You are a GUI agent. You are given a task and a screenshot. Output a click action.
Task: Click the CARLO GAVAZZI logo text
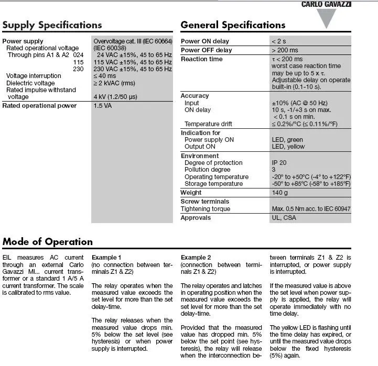(x=326, y=4)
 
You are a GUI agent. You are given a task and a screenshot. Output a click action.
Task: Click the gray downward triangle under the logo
(x=327, y=18)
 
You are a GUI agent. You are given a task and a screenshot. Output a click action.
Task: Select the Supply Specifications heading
(x=52, y=25)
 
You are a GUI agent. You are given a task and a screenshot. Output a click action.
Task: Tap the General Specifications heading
(x=233, y=25)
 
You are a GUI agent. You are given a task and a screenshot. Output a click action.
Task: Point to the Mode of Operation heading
(x=47, y=242)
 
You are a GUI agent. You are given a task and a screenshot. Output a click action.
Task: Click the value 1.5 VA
(x=103, y=106)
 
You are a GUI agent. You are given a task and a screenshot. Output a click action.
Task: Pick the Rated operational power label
(x=39, y=106)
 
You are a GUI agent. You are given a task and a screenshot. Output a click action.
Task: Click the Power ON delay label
(x=205, y=41)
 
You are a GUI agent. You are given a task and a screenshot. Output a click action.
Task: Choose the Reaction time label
(x=202, y=59)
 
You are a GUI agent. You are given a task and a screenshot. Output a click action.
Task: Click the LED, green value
(x=287, y=140)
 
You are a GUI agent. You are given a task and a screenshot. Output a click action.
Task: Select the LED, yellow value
(x=288, y=147)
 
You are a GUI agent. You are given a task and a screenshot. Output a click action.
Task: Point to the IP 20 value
(x=279, y=163)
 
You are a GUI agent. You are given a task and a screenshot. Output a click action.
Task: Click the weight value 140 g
(x=280, y=193)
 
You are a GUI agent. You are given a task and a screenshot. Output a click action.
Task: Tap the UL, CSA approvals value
(x=284, y=218)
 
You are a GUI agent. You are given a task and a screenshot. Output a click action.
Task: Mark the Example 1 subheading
(x=106, y=258)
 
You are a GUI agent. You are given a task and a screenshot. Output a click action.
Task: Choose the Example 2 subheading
(x=196, y=258)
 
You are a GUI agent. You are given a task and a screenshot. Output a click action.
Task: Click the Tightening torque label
(x=206, y=209)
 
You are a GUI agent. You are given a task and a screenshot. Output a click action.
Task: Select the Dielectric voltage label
(x=30, y=83)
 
